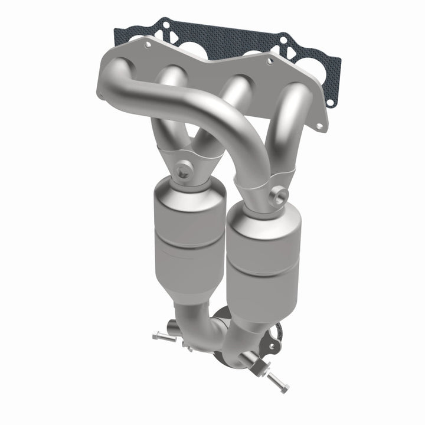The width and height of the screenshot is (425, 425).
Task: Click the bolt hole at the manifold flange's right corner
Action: pos(319,126)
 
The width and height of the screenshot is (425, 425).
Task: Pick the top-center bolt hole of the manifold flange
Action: pos(269,61)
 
